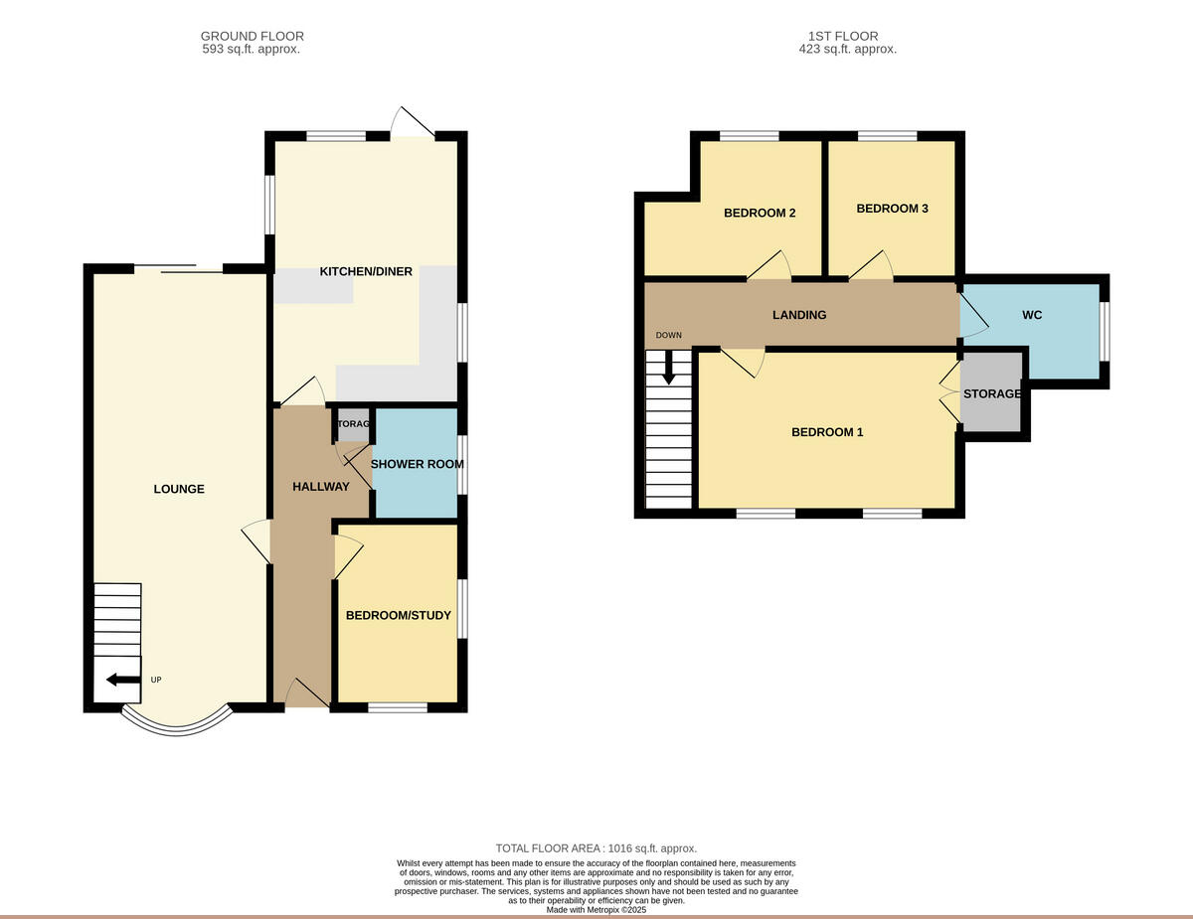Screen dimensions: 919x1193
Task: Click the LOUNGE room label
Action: pyautogui.click(x=179, y=489)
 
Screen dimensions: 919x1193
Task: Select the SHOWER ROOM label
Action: pyautogui.click(x=417, y=464)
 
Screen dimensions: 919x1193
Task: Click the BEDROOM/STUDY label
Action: pyautogui.click(x=398, y=616)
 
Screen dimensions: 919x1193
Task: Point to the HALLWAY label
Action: pyautogui.click(x=320, y=487)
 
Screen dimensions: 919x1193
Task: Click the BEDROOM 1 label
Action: pyautogui.click(x=827, y=432)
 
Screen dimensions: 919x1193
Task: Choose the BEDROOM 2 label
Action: pyautogui.click(x=759, y=213)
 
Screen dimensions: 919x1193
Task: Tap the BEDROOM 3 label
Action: pyautogui.click(x=892, y=209)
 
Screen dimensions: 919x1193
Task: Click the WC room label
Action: pyautogui.click(x=1032, y=315)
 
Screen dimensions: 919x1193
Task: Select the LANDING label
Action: pyautogui.click(x=799, y=315)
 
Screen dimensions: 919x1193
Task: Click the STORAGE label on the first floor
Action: pyautogui.click(x=991, y=394)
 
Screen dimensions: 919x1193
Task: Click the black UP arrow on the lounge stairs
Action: pyautogui.click(x=123, y=680)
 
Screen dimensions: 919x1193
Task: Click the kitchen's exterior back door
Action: pyautogui.click(x=412, y=123)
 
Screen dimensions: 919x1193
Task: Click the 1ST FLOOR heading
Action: pyautogui.click(x=848, y=36)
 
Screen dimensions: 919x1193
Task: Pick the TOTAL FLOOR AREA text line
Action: pyautogui.click(x=596, y=848)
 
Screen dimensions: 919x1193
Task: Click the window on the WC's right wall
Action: pyautogui.click(x=1104, y=330)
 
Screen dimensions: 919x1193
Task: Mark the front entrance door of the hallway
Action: pyautogui.click(x=306, y=694)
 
